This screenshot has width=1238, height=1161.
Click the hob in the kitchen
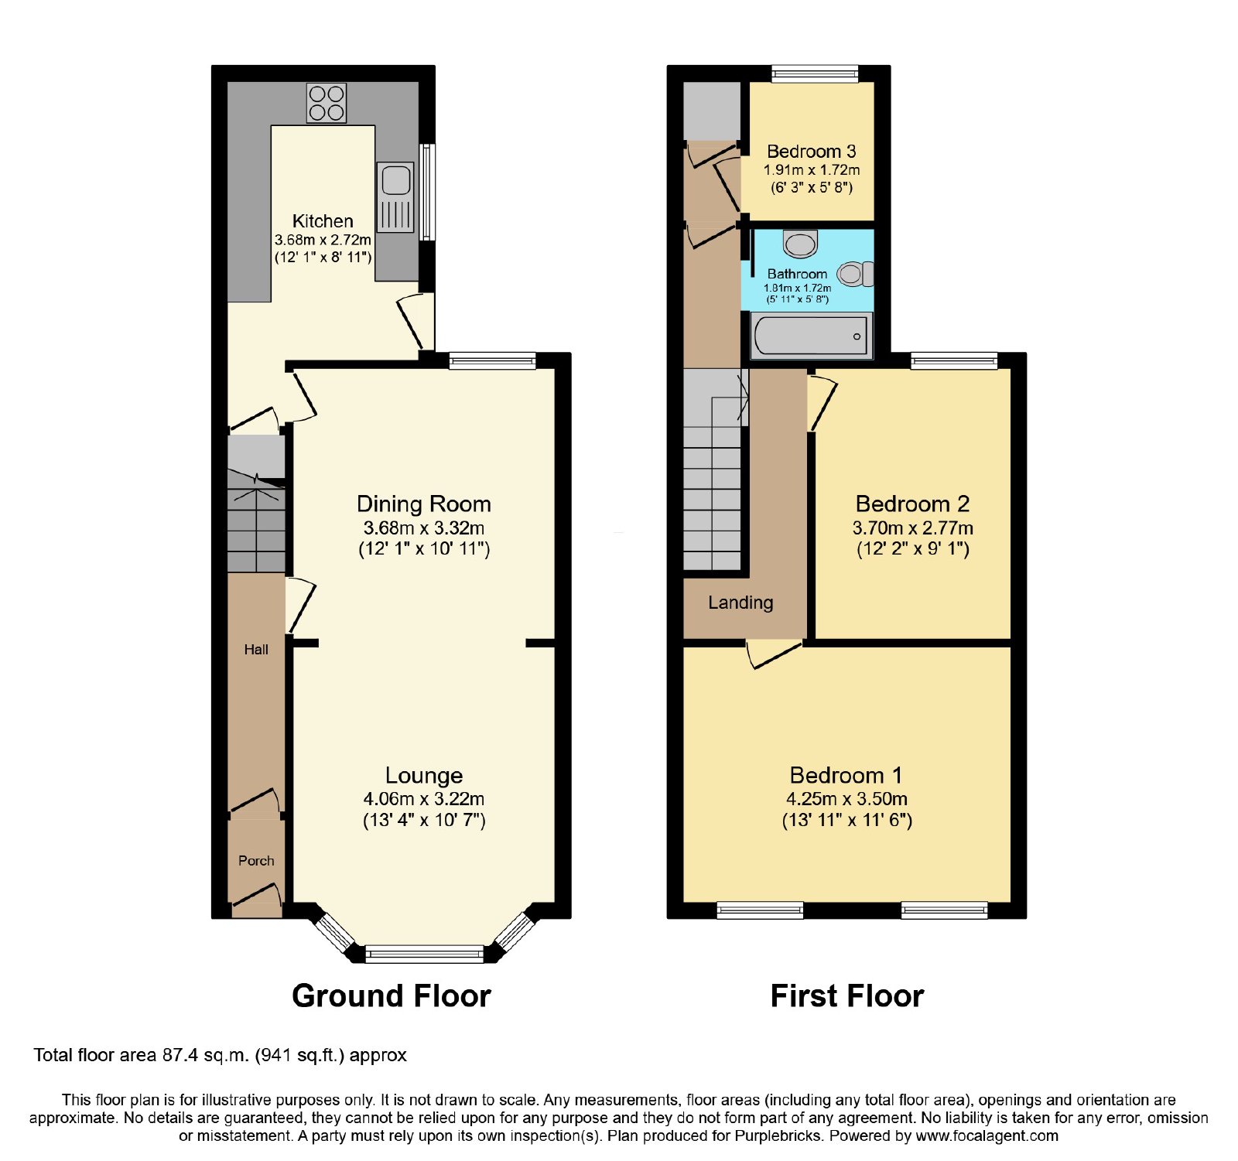pyautogui.click(x=327, y=103)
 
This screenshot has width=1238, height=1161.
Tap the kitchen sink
pyautogui.click(x=396, y=197)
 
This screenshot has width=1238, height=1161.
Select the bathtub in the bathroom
pyautogui.click(x=811, y=336)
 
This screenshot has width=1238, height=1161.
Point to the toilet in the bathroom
pyautogui.click(x=856, y=274)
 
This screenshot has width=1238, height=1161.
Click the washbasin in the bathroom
pyautogui.click(x=800, y=244)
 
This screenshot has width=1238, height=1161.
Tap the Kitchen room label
pyautogui.click(x=323, y=221)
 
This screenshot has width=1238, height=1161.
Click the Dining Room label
pyautogui.click(x=424, y=504)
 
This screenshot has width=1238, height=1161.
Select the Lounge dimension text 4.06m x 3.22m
pyautogui.click(x=424, y=799)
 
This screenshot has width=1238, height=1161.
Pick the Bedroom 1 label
pyautogui.click(x=846, y=775)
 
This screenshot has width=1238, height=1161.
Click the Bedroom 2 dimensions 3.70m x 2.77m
pyautogui.click(x=913, y=528)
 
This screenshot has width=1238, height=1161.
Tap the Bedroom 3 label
pyautogui.click(x=811, y=152)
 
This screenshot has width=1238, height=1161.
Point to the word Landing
pyautogui.click(x=740, y=603)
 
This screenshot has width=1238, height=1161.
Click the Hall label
pyautogui.click(x=256, y=650)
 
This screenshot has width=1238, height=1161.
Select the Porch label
pyautogui.click(x=256, y=861)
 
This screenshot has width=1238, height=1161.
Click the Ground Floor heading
pyautogui.click(x=392, y=996)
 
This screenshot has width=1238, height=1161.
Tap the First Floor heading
pyautogui.click(x=847, y=996)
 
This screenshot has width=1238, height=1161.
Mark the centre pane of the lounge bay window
pyautogui.click(x=424, y=954)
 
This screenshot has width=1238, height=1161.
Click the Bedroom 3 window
pyautogui.click(x=815, y=73)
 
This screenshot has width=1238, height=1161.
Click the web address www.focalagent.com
pyautogui.click(x=987, y=1136)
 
